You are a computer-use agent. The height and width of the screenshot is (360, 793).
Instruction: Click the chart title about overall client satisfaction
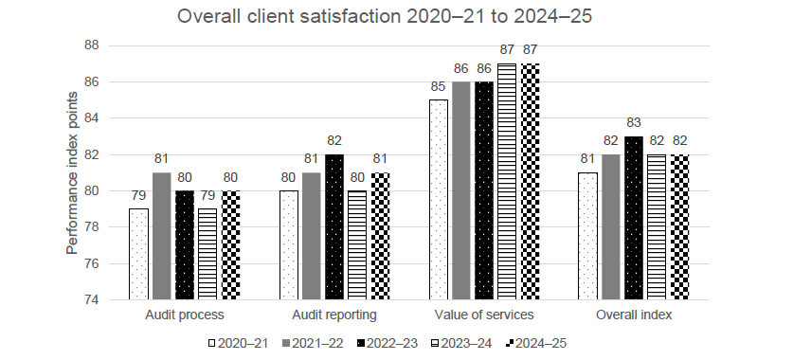tap(396, 16)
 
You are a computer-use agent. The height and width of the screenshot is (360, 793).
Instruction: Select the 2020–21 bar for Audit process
tap(138, 254)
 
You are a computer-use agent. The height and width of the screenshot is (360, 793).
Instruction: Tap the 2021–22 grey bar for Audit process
tap(160, 237)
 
